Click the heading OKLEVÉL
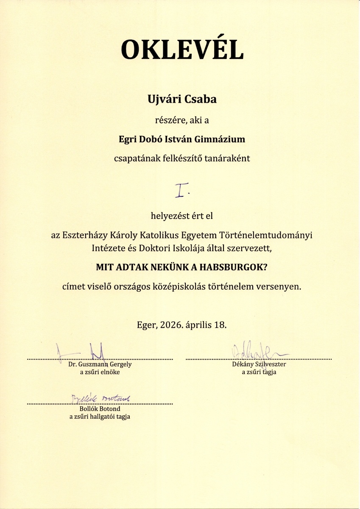click(182, 50)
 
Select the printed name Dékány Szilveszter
click(259, 364)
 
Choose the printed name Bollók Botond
click(100, 409)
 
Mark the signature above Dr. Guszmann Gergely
click(85, 351)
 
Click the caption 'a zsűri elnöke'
click(100, 372)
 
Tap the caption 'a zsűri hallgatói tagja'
click(100, 417)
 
